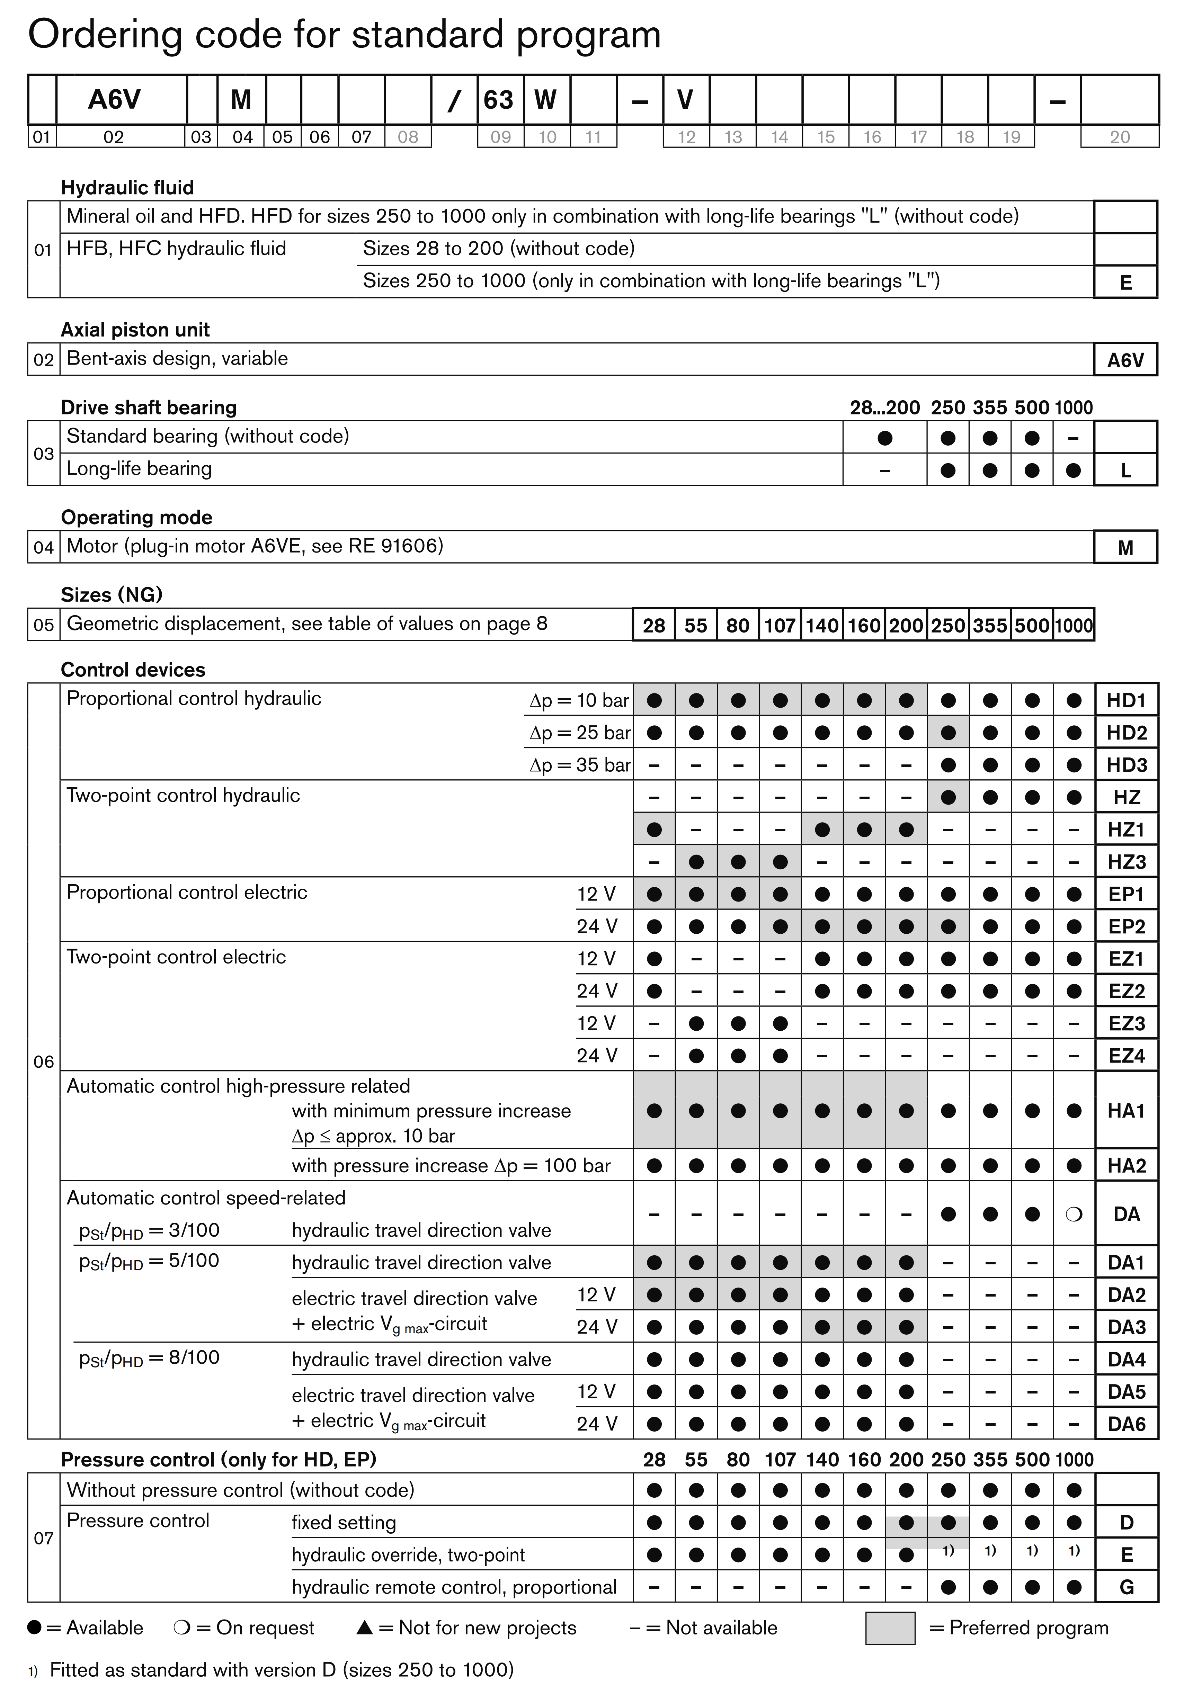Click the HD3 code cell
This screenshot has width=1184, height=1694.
point(1126,765)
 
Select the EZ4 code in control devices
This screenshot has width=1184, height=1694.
point(1126,1056)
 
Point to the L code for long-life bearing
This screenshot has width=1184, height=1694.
point(1126,470)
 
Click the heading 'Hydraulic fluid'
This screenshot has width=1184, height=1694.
point(127,187)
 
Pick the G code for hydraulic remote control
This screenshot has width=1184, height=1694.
point(1126,1587)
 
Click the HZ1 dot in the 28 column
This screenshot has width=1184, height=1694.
point(654,829)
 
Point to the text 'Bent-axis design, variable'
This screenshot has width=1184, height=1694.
point(177,359)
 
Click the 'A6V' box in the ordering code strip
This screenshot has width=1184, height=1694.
point(114,100)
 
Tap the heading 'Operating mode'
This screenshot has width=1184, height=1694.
point(136,517)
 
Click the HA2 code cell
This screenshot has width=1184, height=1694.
point(1126,1166)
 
